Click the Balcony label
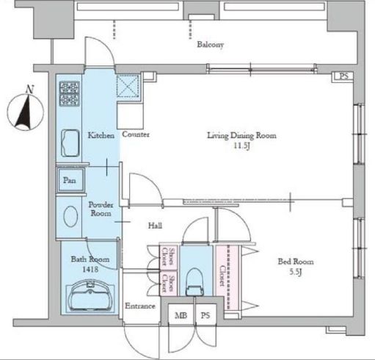(x=210, y=45)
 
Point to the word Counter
(x=136, y=134)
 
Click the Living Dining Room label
(x=241, y=135)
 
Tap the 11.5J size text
(x=241, y=147)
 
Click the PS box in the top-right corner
(x=343, y=76)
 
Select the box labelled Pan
(x=70, y=180)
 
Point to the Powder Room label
(x=100, y=209)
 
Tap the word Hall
(x=155, y=226)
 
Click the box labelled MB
(x=180, y=315)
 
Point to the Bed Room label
(x=295, y=262)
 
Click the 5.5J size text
(x=295, y=273)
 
